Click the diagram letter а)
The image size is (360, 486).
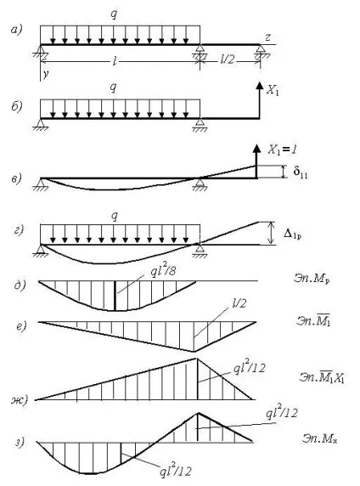[x=17, y=30]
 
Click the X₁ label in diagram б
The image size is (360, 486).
[x=273, y=91]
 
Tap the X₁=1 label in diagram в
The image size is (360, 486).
[x=282, y=150]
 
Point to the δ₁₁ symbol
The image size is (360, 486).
[x=301, y=172]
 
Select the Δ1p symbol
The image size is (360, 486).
[x=292, y=235]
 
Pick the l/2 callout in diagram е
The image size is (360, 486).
[x=239, y=302]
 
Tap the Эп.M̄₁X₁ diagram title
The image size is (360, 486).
[x=322, y=376]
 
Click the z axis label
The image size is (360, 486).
[x=268, y=37]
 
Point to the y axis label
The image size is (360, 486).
[x=46, y=75]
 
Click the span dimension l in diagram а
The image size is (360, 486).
[x=115, y=61]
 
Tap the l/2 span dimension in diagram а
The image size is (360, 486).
[x=227, y=59]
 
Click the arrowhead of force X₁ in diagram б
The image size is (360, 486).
[x=260, y=85]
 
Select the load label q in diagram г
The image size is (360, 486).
[x=115, y=216]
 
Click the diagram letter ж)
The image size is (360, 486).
[x=20, y=399]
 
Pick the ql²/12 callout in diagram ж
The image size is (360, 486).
[x=250, y=368]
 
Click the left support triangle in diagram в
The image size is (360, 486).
[x=40, y=184]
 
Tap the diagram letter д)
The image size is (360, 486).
[x=20, y=285]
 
